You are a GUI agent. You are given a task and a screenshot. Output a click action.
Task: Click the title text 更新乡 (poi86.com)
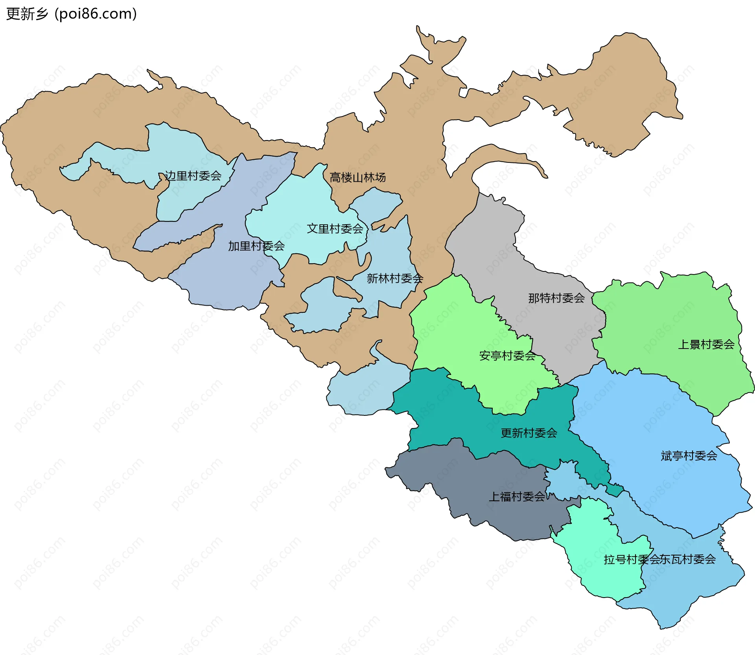[71, 14]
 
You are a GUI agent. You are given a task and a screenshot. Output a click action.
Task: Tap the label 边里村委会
[193, 176]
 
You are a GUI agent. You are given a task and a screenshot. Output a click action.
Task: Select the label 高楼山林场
[357, 177]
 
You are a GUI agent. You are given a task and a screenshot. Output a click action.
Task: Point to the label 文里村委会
[335, 229]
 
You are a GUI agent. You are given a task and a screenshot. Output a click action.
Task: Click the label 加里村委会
[256, 246]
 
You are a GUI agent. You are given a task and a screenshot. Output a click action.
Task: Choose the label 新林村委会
[394, 279]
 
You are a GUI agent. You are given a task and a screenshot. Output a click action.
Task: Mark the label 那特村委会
[556, 298]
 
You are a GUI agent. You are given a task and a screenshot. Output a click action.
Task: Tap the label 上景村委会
[706, 345]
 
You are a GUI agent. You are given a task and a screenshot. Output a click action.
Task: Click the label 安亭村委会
[507, 356]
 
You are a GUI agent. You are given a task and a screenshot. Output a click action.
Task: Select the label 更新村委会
[528, 433]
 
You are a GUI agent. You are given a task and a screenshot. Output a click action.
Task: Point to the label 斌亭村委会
[689, 456]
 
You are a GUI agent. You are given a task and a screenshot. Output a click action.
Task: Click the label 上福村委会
[516, 497]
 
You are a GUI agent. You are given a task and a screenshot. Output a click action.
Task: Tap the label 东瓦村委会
[688, 559]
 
